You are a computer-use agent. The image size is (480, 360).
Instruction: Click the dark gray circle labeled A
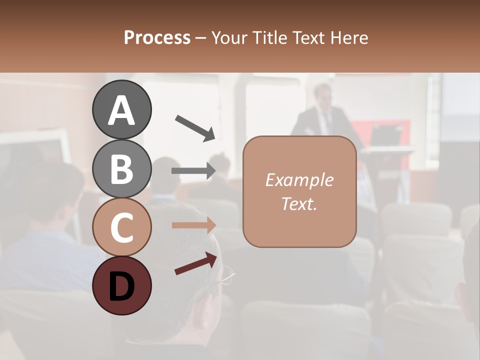(x=121, y=109)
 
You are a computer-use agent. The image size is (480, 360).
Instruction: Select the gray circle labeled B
(x=121, y=168)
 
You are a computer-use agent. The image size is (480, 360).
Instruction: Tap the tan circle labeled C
(x=121, y=227)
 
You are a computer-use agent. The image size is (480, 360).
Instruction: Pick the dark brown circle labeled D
(x=121, y=286)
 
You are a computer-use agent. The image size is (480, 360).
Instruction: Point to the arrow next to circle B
(x=193, y=171)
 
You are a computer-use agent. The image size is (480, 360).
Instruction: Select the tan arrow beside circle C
(x=193, y=225)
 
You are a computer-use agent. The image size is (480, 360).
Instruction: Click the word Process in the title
(x=157, y=37)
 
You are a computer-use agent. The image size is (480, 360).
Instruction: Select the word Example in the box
(x=299, y=180)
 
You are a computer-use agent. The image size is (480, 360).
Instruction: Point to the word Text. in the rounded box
(x=299, y=203)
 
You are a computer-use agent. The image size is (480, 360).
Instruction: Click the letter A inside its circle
(x=121, y=110)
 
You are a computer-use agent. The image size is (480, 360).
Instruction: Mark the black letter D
(x=121, y=286)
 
